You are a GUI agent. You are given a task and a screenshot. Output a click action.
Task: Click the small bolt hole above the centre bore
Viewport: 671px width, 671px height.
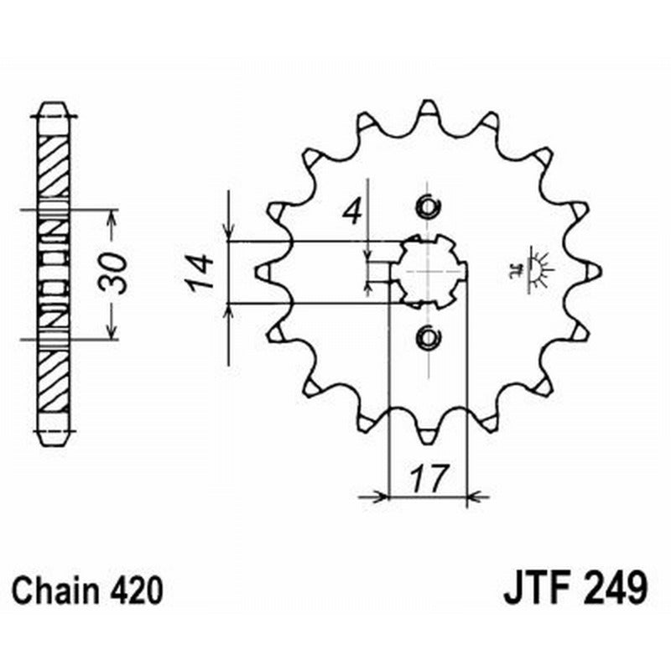[x=427, y=206]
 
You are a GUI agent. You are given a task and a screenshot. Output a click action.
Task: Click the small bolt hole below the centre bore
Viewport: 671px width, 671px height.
[x=427, y=337]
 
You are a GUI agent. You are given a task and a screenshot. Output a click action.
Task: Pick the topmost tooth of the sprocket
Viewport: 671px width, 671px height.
[x=427, y=108]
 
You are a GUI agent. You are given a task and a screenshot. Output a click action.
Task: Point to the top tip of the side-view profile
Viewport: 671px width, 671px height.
[x=55, y=106]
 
